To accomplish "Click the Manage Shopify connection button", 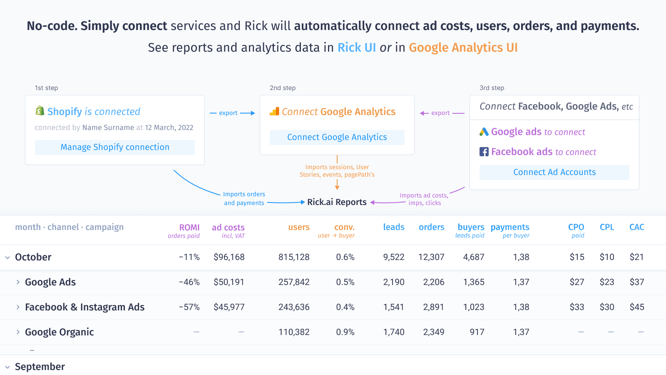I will pyautogui.click(x=115, y=147).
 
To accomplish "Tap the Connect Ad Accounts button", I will pyautogui.click(x=554, y=172).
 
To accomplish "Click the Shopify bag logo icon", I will pyautogui.click(x=40, y=111).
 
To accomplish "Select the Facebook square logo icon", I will pyautogui.click(x=484, y=152).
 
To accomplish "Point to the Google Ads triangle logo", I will pyautogui.click(x=484, y=132).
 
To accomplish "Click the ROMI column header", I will pyautogui.click(x=189, y=227).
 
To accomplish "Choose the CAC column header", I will pyautogui.click(x=636, y=227).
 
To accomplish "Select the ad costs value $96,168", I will pyautogui.click(x=229, y=257).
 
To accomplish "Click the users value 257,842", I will pyautogui.click(x=294, y=282).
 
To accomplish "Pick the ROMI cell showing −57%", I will pyautogui.click(x=189, y=307).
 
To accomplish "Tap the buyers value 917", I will pyautogui.click(x=477, y=332).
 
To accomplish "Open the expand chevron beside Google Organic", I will pyautogui.click(x=18, y=332).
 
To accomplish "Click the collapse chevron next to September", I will pyautogui.click(x=7, y=367).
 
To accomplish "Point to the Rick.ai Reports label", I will pyautogui.click(x=337, y=202).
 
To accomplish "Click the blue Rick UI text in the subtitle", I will pyautogui.click(x=356, y=47).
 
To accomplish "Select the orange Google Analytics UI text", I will pyautogui.click(x=463, y=47).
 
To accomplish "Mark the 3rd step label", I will pyautogui.click(x=492, y=88).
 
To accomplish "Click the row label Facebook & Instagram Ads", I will pyautogui.click(x=84, y=307).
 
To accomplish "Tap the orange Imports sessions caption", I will pyautogui.click(x=337, y=171).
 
